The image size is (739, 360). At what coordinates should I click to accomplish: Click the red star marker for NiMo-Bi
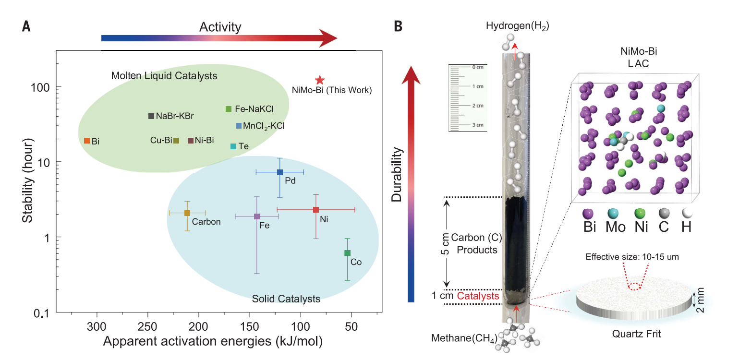320,80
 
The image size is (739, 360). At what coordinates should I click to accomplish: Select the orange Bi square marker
87,141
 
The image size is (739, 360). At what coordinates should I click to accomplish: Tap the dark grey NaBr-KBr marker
151,116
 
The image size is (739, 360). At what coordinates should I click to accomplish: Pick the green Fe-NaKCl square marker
228,109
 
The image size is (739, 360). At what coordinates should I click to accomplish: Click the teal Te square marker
233,146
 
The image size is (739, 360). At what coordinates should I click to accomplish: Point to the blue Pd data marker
280,172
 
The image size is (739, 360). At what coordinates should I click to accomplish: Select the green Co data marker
347,253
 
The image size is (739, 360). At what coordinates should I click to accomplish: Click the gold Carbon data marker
187,213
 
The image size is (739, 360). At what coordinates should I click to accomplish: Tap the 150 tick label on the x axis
249,327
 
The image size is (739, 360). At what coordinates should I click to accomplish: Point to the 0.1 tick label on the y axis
42,313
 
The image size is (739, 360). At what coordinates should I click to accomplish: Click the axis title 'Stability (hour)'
28,180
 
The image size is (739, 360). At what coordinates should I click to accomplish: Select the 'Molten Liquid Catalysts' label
164,75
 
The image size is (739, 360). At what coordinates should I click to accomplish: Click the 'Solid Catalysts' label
286,299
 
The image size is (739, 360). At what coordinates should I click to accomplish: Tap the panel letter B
398,26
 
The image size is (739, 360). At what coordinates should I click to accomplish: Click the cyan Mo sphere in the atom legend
613,213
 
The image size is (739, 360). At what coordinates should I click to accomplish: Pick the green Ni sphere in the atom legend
640,213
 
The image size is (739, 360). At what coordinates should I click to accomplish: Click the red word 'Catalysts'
478,296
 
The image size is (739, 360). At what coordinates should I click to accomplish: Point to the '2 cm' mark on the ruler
478,106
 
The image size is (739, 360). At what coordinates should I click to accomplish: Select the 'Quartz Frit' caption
636,334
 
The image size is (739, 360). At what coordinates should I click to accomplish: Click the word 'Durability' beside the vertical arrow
397,174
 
